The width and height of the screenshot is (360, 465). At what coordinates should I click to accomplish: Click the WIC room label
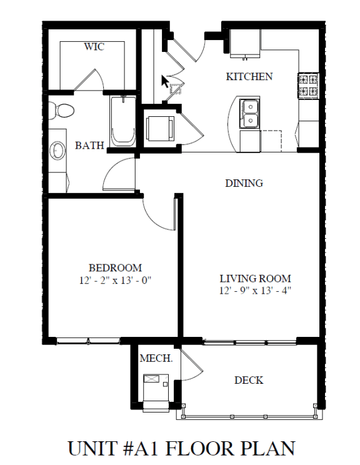[x=94, y=46]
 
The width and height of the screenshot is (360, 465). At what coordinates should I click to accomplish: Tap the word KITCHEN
[x=249, y=76]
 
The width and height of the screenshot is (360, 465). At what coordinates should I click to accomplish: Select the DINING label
[x=244, y=183]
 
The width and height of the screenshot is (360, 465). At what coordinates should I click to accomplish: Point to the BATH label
[x=89, y=145]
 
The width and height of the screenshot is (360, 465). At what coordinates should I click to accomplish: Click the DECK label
[x=249, y=380]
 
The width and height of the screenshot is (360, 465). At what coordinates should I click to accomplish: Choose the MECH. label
[x=156, y=358]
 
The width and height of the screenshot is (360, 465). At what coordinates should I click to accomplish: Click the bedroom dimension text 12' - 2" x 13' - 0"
[x=115, y=280]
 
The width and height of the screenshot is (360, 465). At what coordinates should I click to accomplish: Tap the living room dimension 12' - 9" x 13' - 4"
[x=255, y=291]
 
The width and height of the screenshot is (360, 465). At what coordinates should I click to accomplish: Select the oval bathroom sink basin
[x=57, y=151]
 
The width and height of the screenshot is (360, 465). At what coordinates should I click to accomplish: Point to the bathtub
[x=122, y=121]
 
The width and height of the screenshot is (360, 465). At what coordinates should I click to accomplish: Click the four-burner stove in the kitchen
[x=308, y=86]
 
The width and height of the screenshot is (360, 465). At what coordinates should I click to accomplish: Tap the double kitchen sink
[x=250, y=114]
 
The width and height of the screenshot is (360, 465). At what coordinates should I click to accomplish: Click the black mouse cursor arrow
[x=165, y=81]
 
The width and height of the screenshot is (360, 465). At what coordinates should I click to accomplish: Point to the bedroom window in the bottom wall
[x=88, y=341]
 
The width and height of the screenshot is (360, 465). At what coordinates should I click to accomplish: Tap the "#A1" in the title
[x=143, y=448]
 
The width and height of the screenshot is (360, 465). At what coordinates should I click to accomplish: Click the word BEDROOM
[x=115, y=267]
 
